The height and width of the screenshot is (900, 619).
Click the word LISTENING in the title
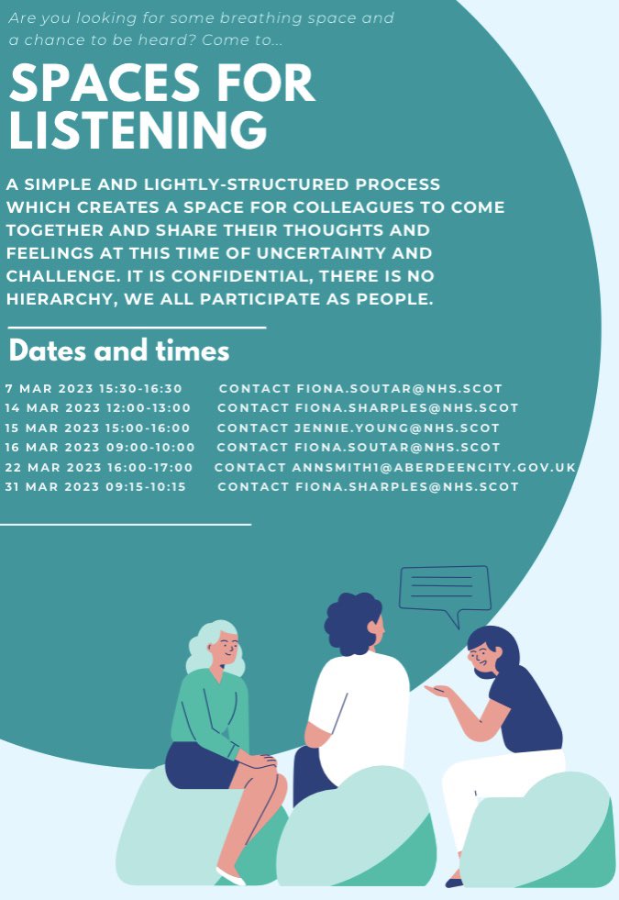[x=138, y=130]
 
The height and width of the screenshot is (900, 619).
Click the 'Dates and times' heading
[x=119, y=351]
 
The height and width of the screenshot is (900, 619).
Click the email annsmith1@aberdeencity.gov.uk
[x=434, y=468]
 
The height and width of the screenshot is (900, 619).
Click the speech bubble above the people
[x=445, y=590]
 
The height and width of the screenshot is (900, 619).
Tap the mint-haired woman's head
[x=216, y=647]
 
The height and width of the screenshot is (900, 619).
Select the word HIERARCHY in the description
[x=60, y=299]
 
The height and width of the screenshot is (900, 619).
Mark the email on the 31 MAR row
[x=406, y=487]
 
